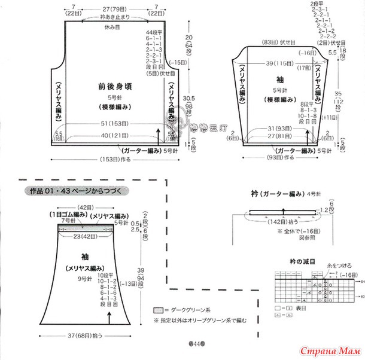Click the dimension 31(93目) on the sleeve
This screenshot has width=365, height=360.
(x=279, y=128)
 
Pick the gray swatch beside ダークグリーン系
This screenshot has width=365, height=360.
(x=158, y=312)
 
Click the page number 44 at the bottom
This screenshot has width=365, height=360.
(x=197, y=344)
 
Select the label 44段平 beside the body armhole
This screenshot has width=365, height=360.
(x=154, y=30)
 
